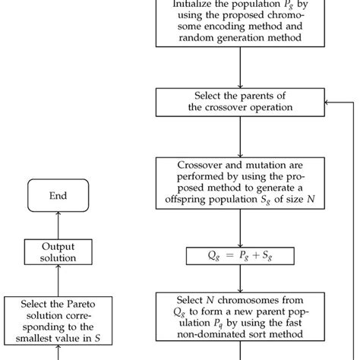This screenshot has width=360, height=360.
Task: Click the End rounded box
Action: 58,196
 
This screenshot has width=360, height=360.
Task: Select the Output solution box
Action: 58,252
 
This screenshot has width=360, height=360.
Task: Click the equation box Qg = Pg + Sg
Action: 239,257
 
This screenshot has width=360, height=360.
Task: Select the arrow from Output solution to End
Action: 58,224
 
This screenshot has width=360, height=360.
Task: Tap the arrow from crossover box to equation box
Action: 239,228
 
